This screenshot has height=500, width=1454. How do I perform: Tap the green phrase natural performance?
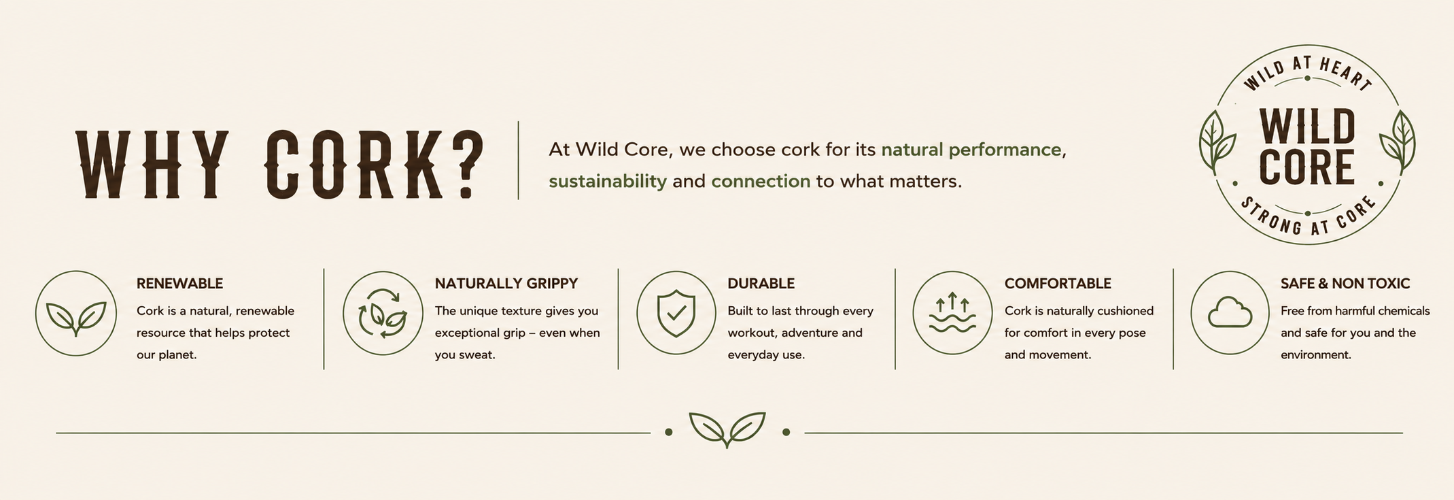tap(971, 150)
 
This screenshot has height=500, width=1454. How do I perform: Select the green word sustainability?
tap(608, 181)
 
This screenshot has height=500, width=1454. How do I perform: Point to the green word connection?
tap(761, 181)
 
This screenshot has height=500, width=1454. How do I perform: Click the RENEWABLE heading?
tap(179, 283)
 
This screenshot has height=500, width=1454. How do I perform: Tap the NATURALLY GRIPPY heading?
tap(506, 283)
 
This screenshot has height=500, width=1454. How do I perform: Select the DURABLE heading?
tap(761, 283)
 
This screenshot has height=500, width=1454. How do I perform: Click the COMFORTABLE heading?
tap(1058, 283)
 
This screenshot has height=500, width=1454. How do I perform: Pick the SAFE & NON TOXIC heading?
tap(1345, 283)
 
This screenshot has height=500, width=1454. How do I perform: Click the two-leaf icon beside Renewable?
tap(76, 317)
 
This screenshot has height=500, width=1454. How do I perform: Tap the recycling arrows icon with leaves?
tap(383, 314)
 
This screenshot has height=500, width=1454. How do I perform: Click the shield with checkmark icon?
tap(676, 313)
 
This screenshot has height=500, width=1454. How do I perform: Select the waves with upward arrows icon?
tap(952, 313)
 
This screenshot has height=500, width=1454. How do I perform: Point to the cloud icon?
tap(1230, 313)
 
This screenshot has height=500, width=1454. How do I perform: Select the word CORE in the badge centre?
tap(1306, 167)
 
